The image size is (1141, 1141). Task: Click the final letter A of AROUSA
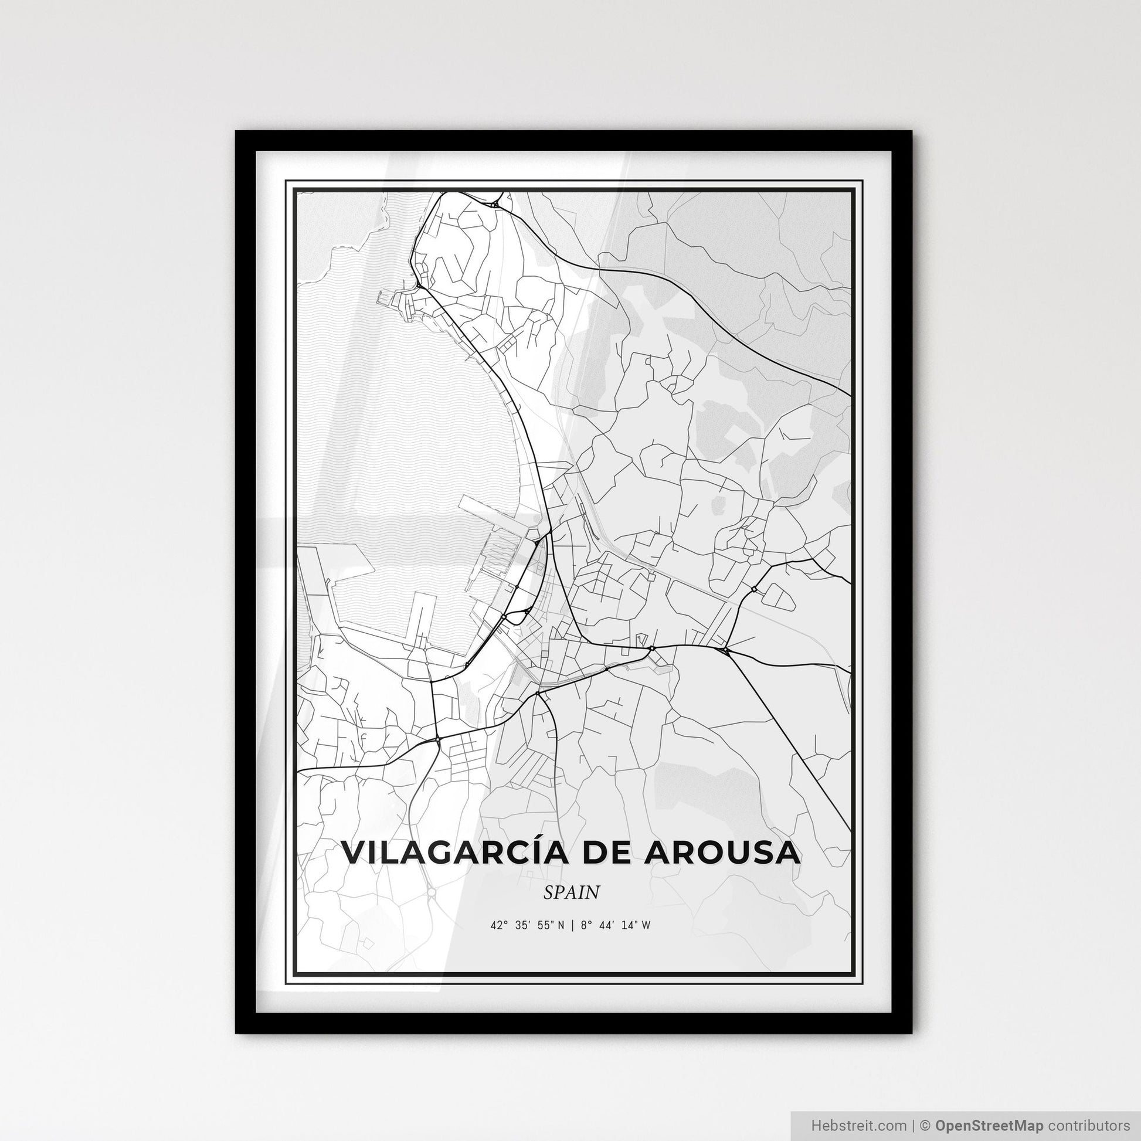point(787,853)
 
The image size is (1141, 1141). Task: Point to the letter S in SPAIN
point(549,892)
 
